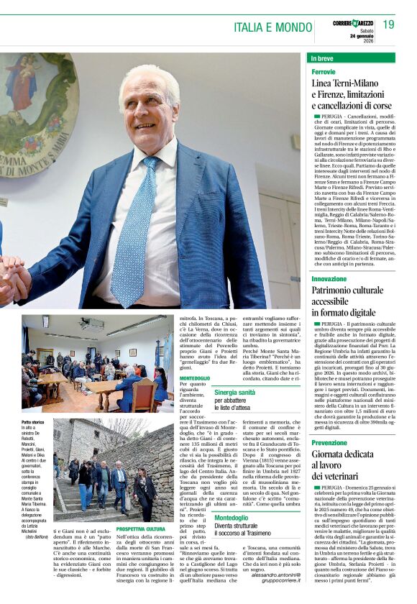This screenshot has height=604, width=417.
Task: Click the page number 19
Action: pyautogui.click(x=388, y=24)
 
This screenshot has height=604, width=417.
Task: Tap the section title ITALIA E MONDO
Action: pyautogui.click(x=272, y=27)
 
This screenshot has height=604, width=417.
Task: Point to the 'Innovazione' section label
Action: pyautogui.click(x=329, y=278)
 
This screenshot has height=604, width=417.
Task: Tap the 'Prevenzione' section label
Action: pyautogui.click(x=329, y=442)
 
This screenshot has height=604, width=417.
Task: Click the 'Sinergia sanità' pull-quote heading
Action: pyautogui.click(x=234, y=392)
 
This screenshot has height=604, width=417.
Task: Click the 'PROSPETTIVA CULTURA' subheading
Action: pyautogui.click(x=141, y=528)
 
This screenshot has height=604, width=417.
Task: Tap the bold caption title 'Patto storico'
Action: pyautogui.click(x=33, y=422)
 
